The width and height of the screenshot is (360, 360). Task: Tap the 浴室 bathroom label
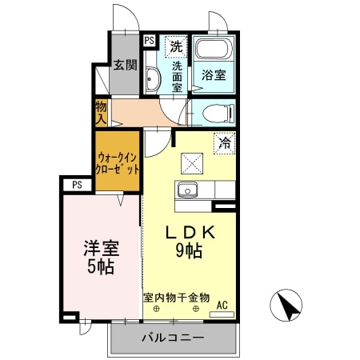pos(213,75)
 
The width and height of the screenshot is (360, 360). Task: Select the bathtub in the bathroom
pos(214,49)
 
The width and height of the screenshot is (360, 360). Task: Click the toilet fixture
pos(214,112)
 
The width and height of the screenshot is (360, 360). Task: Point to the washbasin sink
pos(152,78)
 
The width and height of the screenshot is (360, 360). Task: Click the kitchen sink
pos(189,190)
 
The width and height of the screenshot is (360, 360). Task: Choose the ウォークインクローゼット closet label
pos(118,163)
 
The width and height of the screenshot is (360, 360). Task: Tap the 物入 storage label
pos(101,111)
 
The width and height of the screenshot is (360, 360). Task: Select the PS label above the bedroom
pos(77,185)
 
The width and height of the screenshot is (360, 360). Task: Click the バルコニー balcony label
pos(172,338)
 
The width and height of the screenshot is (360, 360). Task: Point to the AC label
pos(222,304)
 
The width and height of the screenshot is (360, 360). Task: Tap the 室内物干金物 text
pos(177,297)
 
